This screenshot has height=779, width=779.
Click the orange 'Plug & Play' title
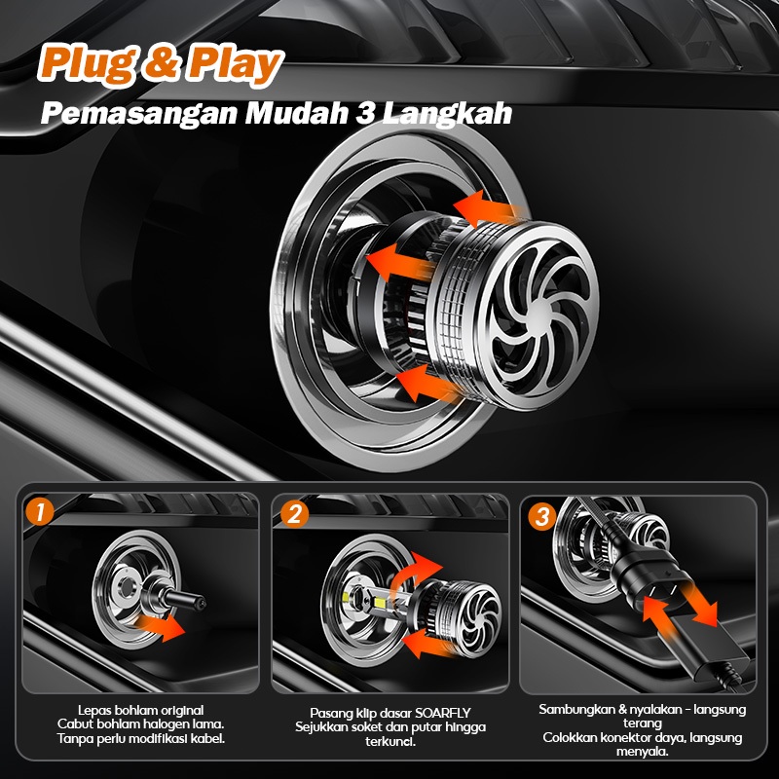pyautogui.click(x=161, y=64)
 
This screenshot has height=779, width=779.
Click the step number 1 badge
pyautogui.click(x=38, y=512)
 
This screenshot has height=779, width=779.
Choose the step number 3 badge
pyautogui.click(x=540, y=516)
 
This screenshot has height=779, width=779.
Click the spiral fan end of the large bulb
pyautogui.click(x=540, y=312)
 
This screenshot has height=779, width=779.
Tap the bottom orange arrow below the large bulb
pyautogui.click(x=428, y=382)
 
